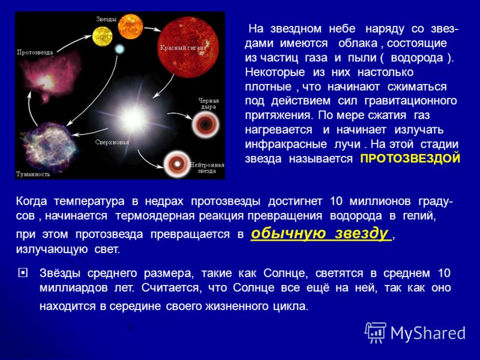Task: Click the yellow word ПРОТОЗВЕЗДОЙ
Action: [410, 158]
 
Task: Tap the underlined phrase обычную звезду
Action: [320, 233]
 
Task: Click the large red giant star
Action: [188, 47]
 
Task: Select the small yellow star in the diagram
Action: [102, 37]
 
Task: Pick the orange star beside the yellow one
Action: [130, 26]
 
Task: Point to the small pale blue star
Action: [119, 49]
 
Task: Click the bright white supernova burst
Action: [133, 118]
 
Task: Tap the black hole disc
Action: [205, 124]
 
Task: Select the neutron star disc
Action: [177, 164]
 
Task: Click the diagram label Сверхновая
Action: [112, 142]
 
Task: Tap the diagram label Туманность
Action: [33, 174]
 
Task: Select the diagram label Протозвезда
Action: [35, 52]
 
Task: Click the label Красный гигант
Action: [183, 48]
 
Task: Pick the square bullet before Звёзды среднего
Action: [23, 273]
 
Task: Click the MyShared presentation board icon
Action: [376, 332]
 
